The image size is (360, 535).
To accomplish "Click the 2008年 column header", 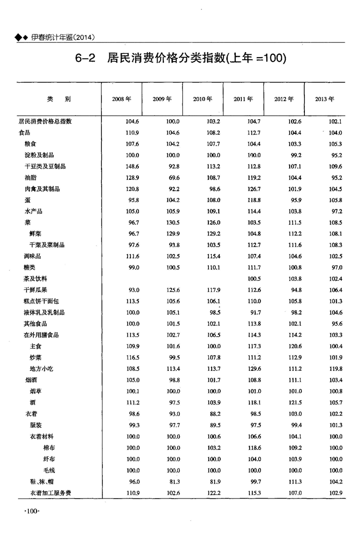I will pyautogui.click(x=121, y=99).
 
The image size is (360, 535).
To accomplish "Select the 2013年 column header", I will pyautogui.click(x=325, y=99).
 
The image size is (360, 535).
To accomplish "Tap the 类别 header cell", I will pyautogui.click(x=59, y=99).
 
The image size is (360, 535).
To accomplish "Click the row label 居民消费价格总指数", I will pyautogui.click(x=45, y=121).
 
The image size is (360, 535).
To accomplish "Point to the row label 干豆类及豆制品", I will pyautogui.click(x=45, y=166).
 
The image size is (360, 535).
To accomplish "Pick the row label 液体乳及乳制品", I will pyautogui.click(x=45, y=312).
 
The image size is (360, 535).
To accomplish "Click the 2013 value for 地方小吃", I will pyautogui.click(x=335, y=369).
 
